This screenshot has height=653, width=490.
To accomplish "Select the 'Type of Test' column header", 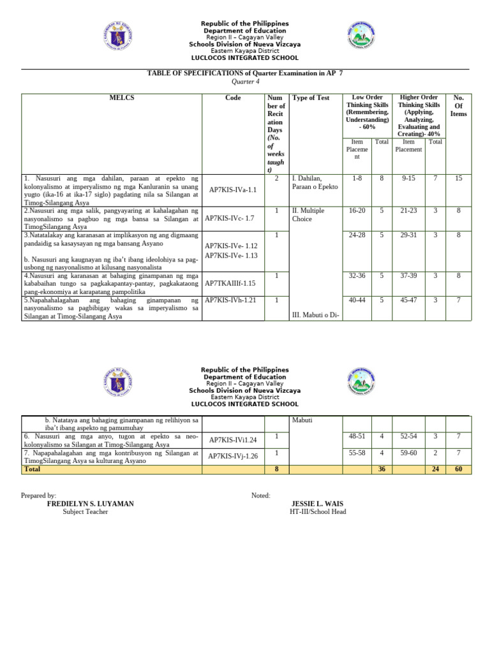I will click(311, 98).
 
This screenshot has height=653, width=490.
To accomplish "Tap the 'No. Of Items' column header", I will click(458, 106).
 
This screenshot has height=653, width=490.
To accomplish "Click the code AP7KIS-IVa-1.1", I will click(232, 189).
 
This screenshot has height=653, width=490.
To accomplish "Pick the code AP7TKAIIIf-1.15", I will click(230, 282).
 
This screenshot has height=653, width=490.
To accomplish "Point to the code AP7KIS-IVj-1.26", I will click(233, 456).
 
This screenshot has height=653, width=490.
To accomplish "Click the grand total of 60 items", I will click(458, 469).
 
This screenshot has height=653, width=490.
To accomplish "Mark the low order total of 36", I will click(382, 469).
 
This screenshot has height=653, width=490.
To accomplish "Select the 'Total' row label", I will click(31, 469).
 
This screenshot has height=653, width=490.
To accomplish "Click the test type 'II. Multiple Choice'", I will click(308, 214).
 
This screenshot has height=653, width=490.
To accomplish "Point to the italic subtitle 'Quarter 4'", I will click(245, 82).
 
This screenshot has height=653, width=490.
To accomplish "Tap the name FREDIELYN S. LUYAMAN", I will click(91, 503).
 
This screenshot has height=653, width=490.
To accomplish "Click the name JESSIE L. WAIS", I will click(318, 503).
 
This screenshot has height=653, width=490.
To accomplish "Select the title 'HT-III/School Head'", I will click(318, 511).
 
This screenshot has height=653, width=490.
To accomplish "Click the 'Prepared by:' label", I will click(38, 495).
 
